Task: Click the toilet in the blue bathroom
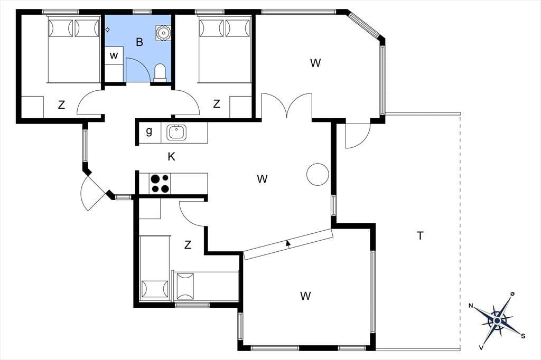click(x=160, y=72)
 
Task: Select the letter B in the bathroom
click(x=139, y=42)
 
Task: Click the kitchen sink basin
click(x=176, y=132)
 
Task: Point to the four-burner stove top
click(x=160, y=184)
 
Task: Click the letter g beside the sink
click(x=149, y=131)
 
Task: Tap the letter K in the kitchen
click(x=171, y=157)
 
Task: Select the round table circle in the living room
click(x=318, y=175)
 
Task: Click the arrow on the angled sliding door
click(x=288, y=243)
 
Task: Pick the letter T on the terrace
click(x=420, y=236)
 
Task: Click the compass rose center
click(x=497, y=321)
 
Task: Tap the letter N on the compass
click(x=471, y=306)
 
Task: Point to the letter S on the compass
click(x=523, y=336)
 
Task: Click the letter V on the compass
click(x=481, y=347)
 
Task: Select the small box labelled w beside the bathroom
click(x=114, y=56)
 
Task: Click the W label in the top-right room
click(x=315, y=63)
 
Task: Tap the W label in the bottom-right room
click(x=305, y=296)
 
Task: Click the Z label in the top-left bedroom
click(x=61, y=105)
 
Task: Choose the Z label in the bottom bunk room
click(x=188, y=245)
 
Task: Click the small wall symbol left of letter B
click(x=107, y=30)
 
